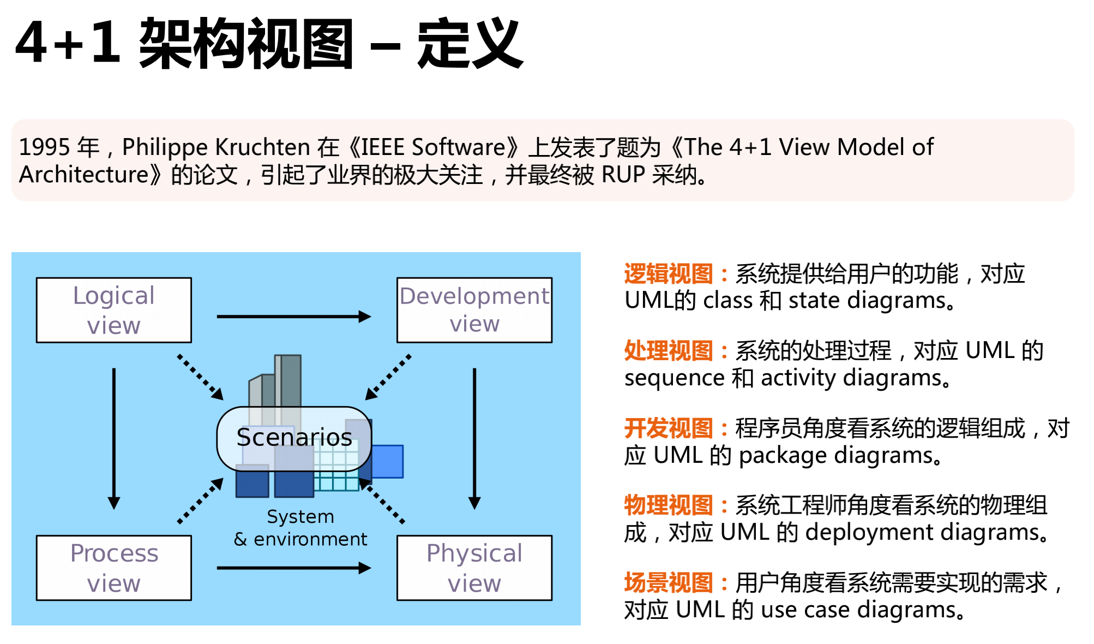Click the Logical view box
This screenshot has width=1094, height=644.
pos(113,310)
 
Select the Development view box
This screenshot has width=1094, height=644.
pos(474,310)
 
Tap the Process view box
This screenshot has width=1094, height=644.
pos(113,568)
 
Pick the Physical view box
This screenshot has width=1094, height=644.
pos(474,568)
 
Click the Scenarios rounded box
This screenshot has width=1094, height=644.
pos(294,438)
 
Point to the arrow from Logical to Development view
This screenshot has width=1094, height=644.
pos(293,317)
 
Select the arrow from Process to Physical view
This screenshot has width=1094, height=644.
pos(293,568)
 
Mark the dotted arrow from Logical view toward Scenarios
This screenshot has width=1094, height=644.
pos(200,377)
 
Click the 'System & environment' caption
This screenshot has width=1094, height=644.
pos(300,528)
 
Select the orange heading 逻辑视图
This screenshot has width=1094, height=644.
pos(668,274)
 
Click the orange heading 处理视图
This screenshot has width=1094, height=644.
pos(668,351)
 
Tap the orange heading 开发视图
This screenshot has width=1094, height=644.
pos(668,428)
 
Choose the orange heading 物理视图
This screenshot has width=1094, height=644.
pos(668,505)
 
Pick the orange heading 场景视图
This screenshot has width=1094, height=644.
pos(668,583)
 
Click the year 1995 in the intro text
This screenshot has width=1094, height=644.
pos(45,147)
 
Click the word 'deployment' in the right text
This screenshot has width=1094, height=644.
pos(869,533)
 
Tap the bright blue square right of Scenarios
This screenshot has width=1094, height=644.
pos(388,461)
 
